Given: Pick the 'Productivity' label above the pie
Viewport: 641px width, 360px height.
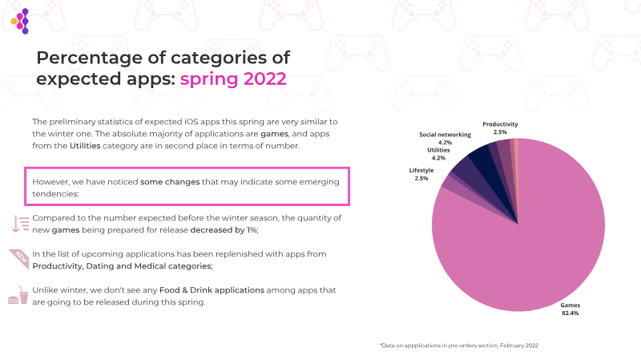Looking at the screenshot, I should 500,124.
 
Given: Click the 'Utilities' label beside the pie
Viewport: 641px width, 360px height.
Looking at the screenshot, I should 439,150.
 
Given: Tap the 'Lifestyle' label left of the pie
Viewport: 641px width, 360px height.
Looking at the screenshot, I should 421,171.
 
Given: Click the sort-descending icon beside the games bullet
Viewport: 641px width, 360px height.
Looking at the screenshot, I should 19,224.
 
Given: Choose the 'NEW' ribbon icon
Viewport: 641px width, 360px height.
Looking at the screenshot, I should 19,257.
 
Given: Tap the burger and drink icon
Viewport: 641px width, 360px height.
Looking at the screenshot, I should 18,296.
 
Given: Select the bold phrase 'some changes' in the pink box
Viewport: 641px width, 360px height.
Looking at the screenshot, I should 168,182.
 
